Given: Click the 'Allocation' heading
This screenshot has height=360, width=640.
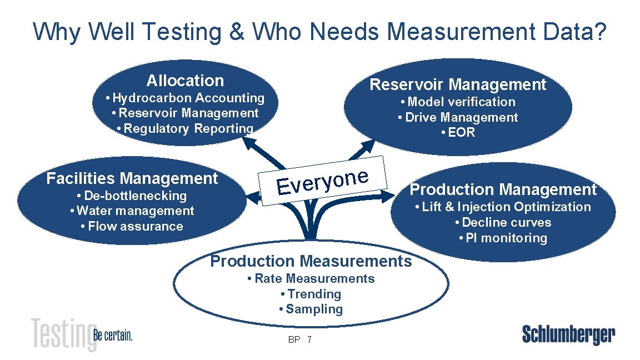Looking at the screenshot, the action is [185, 81].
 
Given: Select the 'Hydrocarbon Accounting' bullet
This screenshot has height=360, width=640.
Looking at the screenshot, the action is [185, 98].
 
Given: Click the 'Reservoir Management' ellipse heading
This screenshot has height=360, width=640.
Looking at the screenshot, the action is [458, 85].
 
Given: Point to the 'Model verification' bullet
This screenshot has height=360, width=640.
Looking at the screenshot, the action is [458, 102].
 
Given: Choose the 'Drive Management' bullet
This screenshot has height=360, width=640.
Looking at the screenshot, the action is [458, 118].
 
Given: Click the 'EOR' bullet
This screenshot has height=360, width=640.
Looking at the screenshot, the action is [458, 133].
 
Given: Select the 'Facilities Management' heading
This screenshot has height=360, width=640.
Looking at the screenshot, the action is [132, 179].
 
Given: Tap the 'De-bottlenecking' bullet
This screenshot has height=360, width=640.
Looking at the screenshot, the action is [132, 196].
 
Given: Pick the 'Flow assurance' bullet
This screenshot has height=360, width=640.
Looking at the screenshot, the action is [132, 227].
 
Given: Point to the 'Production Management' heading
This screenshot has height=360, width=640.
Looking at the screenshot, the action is [503, 190].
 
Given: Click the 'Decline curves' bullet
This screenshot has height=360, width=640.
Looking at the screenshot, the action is [503, 223].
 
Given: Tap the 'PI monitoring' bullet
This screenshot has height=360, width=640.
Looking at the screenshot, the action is [503, 238].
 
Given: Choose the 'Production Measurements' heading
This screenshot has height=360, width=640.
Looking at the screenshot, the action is [311, 261].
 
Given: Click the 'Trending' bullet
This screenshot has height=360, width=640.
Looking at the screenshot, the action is [311, 294].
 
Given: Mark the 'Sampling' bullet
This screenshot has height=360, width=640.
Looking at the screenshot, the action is [311, 309].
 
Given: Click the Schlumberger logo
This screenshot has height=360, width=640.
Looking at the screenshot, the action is [568, 335].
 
